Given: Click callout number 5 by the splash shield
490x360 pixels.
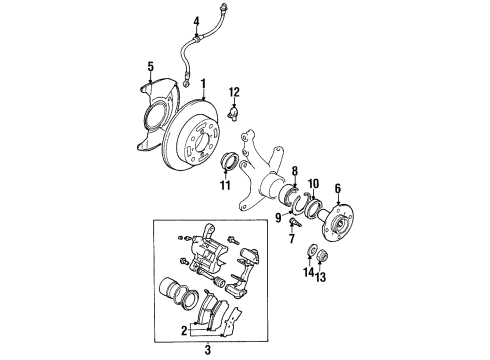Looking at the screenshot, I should pos(149,67).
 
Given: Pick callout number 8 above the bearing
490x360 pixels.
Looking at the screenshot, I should pos(295,172).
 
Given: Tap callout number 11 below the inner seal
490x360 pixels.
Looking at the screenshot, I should pos(225,186).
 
